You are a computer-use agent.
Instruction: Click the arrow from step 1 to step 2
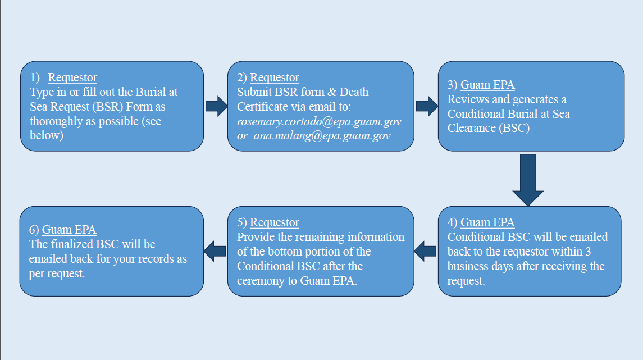[217, 106]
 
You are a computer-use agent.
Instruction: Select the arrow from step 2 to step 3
[427, 106]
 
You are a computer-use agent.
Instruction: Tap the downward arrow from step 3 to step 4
[528, 180]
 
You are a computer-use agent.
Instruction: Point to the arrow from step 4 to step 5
[425, 251]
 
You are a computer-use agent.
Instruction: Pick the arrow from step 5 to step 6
[215, 251]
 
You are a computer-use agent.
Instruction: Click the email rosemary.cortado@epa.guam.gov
[319, 121]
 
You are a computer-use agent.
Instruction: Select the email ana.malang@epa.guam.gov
[322, 136]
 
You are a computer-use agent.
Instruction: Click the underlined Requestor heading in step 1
[72, 78]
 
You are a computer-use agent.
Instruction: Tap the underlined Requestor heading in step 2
[275, 78]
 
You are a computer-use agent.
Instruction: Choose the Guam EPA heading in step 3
[487, 84]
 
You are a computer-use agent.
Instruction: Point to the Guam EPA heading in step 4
[487, 222]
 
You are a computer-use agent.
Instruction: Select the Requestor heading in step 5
[275, 222]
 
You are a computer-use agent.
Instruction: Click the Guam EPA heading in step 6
[69, 230]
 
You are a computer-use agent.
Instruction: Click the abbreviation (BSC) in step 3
[514, 129]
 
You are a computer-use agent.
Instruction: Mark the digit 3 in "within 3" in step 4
[588, 252]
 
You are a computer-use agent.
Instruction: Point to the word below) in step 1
[47, 135]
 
